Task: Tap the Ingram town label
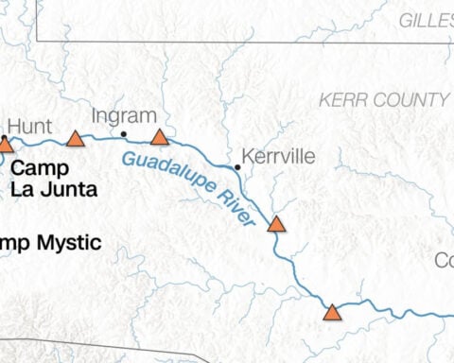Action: (x=123, y=115)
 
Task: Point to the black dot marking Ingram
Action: (x=124, y=134)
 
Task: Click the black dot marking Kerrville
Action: (x=237, y=167)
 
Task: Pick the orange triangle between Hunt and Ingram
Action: (x=76, y=139)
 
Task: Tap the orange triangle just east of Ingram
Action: (x=159, y=137)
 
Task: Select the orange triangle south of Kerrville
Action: (x=276, y=224)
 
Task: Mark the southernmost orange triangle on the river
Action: (x=332, y=312)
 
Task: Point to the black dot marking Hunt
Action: (x=4, y=138)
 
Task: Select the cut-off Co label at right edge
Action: (x=444, y=260)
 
